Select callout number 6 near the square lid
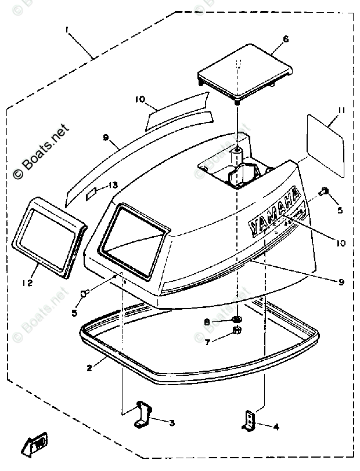click(x=286, y=39)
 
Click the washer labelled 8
click(x=236, y=321)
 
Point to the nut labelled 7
click(x=236, y=332)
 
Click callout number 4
click(x=276, y=427)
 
